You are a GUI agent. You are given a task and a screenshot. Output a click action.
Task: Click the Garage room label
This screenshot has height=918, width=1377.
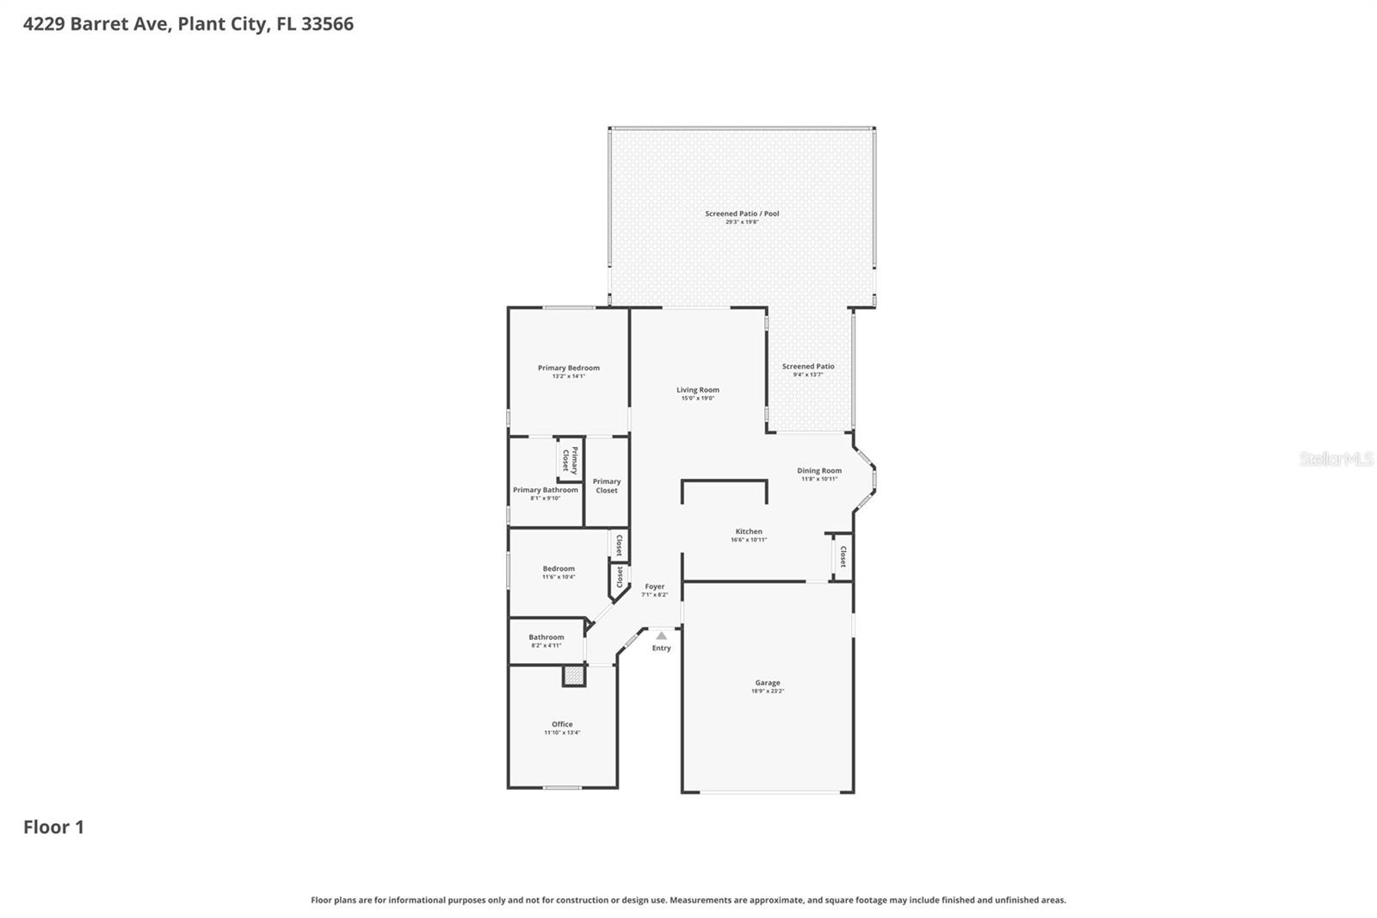[x=767, y=683]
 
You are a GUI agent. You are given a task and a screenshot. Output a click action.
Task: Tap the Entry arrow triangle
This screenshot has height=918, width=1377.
[x=661, y=636]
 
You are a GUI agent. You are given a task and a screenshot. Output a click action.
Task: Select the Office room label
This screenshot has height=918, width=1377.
[x=562, y=724]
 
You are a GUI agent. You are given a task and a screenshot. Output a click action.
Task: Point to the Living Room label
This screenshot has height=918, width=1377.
[x=697, y=390]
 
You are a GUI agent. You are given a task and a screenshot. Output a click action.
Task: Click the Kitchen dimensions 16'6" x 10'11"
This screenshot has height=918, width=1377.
[x=749, y=540]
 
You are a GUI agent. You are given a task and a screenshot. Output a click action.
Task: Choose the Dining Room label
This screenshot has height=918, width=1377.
[x=818, y=471]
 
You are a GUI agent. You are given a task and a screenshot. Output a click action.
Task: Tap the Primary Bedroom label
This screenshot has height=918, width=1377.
[x=568, y=368]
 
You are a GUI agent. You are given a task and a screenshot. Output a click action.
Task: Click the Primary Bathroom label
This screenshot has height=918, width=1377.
[x=546, y=490]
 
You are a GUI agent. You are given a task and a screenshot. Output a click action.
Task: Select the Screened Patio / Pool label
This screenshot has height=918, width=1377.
[x=742, y=214]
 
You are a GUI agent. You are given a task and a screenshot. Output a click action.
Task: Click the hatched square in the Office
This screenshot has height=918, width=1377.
[x=573, y=676]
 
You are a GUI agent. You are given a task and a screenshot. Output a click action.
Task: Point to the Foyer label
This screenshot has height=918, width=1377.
[x=654, y=586]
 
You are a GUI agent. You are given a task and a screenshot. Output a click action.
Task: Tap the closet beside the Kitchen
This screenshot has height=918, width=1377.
[x=843, y=556]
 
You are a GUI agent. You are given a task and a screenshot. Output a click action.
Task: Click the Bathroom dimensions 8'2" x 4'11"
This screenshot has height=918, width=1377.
[x=546, y=645]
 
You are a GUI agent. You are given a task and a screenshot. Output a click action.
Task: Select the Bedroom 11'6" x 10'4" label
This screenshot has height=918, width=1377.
[x=559, y=568]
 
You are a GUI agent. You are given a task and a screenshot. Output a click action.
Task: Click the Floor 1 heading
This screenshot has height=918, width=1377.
[x=53, y=827]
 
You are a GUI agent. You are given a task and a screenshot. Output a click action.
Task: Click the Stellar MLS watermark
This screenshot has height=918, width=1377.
[x=1336, y=459]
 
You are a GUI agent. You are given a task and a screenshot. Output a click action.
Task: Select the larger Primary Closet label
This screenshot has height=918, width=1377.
[x=607, y=486]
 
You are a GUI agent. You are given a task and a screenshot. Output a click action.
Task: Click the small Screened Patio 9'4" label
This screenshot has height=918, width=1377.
[x=807, y=367]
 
